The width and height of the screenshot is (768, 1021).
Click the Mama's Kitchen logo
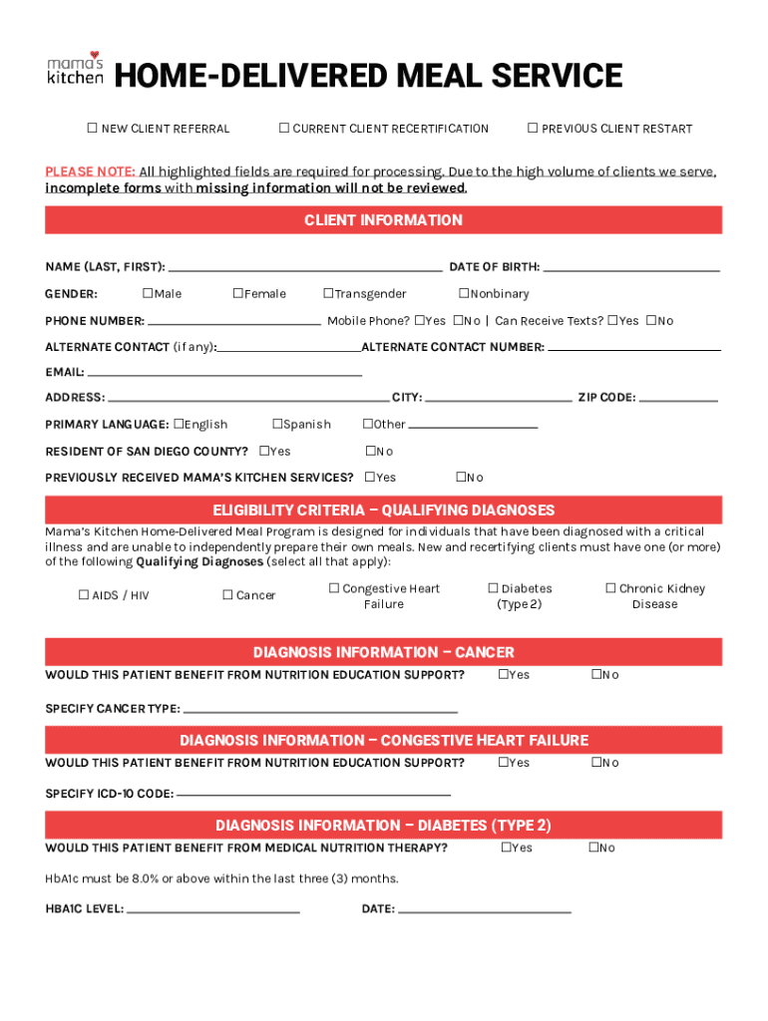(x=75, y=69)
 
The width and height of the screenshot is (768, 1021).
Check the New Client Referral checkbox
(x=92, y=129)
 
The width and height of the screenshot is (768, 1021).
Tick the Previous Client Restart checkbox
(x=533, y=128)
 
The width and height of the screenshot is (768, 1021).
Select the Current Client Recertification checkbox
(x=284, y=128)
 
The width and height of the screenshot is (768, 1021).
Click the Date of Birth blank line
(x=630, y=269)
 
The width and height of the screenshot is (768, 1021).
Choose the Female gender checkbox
(x=238, y=293)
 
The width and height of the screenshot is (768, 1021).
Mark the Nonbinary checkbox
(x=464, y=293)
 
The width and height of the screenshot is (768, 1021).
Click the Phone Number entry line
(x=233, y=324)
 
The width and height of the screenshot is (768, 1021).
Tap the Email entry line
(x=224, y=375)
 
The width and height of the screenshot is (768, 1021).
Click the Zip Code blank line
(x=678, y=400)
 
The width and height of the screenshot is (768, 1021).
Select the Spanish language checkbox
(x=277, y=424)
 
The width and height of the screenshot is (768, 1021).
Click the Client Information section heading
(x=383, y=220)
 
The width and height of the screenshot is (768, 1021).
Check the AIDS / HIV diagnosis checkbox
(x=84, y=595)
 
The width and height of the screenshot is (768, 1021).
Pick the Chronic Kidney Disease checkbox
(x=611, y=588)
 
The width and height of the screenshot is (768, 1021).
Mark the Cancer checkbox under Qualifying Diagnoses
(x=227, y=595)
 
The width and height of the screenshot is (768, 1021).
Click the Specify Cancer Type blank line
(x=320, y=712)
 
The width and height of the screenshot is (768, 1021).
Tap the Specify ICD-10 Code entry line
(x=313, y=796)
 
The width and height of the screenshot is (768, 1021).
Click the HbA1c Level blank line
(x=212, y=911)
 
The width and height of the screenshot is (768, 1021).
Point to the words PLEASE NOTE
(x=90, y=171)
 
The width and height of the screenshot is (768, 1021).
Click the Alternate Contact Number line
(x=634, y=350)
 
